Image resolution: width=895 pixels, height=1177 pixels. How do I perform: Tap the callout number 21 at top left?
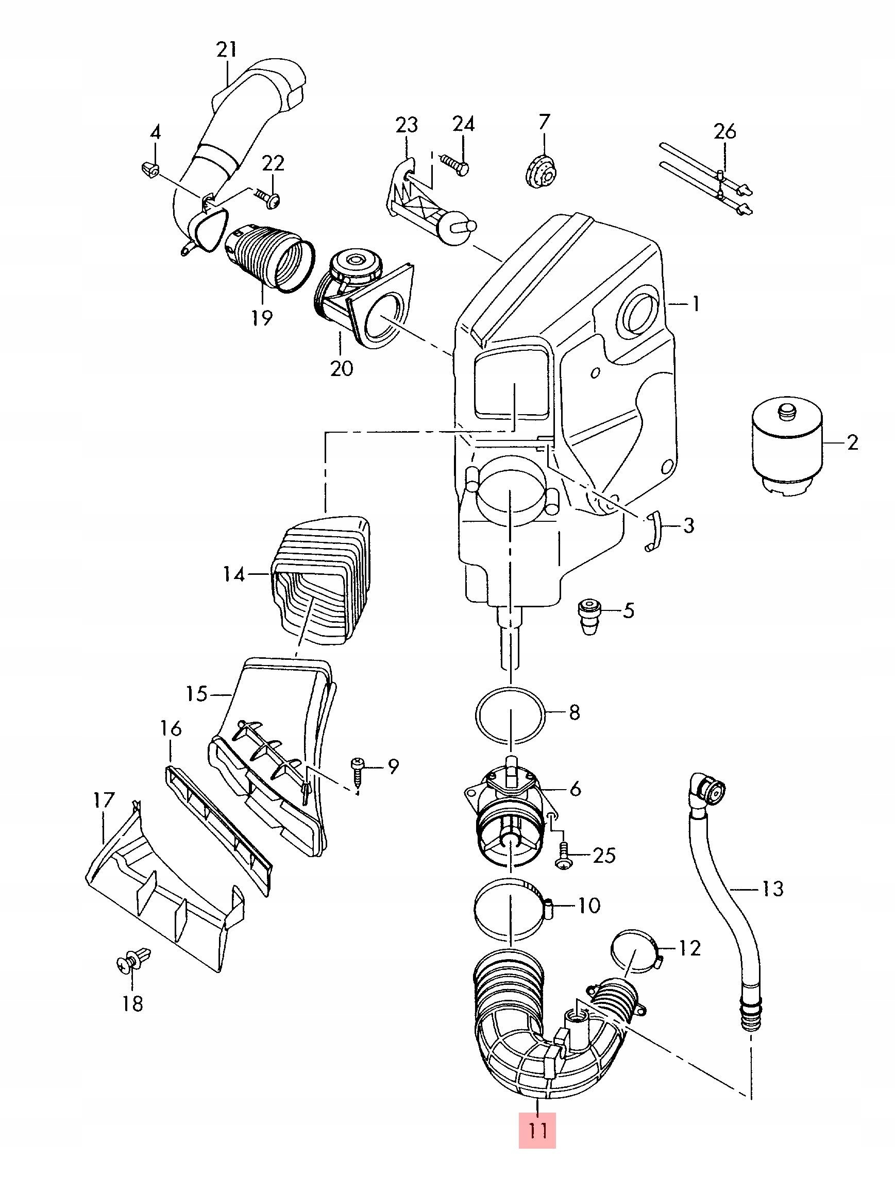click(x=226, y=50)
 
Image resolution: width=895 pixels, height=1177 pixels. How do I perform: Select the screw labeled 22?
click(x=268, y=198)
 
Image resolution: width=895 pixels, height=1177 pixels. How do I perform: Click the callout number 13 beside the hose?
click(x=772, y=888)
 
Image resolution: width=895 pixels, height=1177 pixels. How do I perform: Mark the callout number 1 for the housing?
click(x=695, y=304)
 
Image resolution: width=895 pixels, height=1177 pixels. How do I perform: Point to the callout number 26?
click(x=725, y=131)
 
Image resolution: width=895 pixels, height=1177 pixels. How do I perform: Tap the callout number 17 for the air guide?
click(x=104, y=800)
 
